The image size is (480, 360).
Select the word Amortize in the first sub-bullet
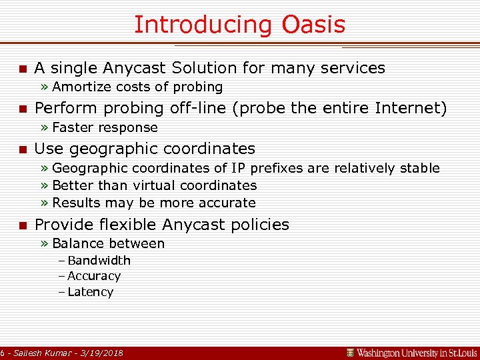coord(82,87)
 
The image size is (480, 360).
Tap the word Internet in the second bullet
coord(409,108)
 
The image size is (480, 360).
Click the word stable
coord(419,168)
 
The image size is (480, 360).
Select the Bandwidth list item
coord(99,260)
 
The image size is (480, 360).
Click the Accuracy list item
coord(93,276)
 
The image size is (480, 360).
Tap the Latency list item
coord(90,292)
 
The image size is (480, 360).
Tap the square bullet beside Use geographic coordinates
coord(22,149)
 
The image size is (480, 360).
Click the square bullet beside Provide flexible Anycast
coord(22,225)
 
